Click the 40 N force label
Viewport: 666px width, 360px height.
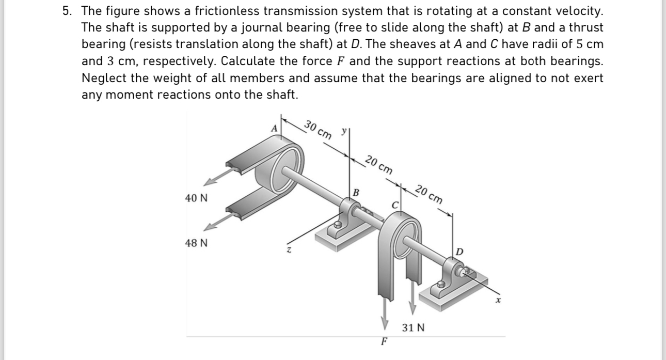(196, 198)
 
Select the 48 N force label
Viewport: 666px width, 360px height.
(196, 243)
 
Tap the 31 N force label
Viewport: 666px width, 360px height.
(414, 327)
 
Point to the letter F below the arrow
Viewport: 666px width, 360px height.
(384, 341)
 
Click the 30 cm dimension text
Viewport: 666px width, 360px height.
(318, 129)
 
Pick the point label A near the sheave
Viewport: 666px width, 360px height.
(275, 128)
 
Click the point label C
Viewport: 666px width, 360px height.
(396, 205)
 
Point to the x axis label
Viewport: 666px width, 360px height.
(499, 300)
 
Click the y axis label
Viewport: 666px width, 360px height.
(343, 132)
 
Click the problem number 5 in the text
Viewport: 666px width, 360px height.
(66, 11)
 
